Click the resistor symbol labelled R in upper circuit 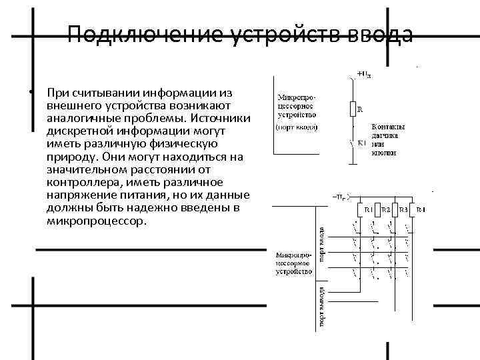pyautogui.click(x=352, y=109)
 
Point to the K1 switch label pyautogui.click(x=362, y=142)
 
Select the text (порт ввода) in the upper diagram pyautogui.click(x=297, y=127)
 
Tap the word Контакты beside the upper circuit pyautogui.click(x=388, y=127)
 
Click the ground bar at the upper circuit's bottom pyautogui.click(x=352, y=164)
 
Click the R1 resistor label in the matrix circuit pyautogui.click(x=369, y=210)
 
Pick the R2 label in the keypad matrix pyautogui.click(x=386, y=210)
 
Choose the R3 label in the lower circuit pyautogui.click(x=404, y=210)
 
